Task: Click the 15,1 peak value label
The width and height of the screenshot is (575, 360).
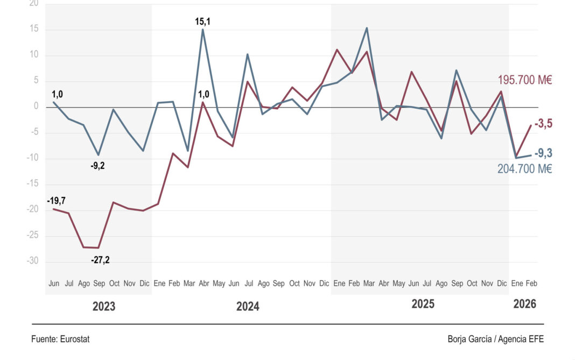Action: (203, 22)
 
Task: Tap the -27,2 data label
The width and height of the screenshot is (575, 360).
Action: (100, 260)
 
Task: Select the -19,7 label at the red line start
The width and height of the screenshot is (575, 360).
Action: (56, 201)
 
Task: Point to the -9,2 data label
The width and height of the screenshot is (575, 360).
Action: (97, 166)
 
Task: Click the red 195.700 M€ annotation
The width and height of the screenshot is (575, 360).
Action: (525, 81)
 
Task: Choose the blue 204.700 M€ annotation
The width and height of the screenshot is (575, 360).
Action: (525, 169)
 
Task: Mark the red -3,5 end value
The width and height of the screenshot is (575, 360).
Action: (543, 124)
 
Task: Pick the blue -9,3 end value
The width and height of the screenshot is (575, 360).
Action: (543, 154)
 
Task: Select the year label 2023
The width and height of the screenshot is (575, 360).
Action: (104, 307)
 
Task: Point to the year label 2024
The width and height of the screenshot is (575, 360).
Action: (248, 307)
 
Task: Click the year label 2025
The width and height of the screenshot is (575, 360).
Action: (423, 304)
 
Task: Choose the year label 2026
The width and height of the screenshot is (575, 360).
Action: (524, 304)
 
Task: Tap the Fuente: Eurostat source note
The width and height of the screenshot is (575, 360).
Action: (60, 339)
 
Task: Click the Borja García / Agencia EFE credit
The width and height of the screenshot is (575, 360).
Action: (495, 339)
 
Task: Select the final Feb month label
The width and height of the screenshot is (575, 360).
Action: (531, 283)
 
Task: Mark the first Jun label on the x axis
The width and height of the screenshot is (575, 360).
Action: (54, 283)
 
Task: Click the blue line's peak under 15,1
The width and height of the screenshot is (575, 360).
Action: (203, 30)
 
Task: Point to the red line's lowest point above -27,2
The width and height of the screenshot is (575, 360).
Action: (99, 248)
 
